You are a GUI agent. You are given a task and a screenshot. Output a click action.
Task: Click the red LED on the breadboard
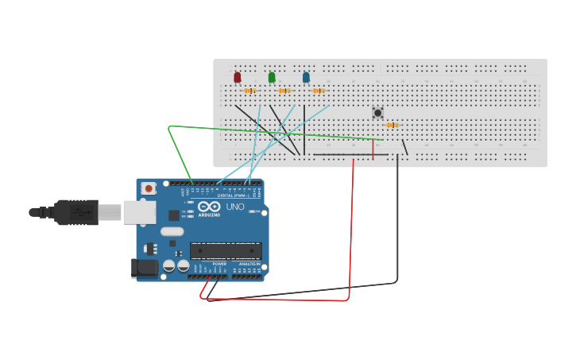238,77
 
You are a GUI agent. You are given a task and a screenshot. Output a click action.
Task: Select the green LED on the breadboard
272,77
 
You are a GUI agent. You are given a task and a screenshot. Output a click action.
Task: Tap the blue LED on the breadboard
306,77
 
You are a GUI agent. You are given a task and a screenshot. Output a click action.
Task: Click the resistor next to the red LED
250,91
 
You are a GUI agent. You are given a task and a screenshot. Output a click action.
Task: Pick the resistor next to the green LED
284,91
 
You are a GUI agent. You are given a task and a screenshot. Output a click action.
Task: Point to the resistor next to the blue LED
319,91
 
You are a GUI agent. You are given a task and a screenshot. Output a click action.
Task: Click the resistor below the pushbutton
390,125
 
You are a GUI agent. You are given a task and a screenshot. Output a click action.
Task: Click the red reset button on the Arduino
149,188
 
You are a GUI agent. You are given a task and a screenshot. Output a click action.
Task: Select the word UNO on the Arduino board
235,206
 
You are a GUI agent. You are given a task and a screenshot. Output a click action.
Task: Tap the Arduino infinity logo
210,206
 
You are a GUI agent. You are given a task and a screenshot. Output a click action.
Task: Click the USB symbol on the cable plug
79,213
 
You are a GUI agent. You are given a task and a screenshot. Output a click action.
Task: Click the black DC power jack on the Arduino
143,268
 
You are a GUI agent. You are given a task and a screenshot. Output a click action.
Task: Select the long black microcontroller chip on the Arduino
226,251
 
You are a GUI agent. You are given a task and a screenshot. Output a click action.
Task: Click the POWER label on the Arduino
219,263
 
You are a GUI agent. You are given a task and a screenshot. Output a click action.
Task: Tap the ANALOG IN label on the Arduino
249,263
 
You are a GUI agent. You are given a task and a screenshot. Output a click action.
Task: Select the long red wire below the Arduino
350,238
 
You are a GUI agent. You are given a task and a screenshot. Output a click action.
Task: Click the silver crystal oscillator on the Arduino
172,232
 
